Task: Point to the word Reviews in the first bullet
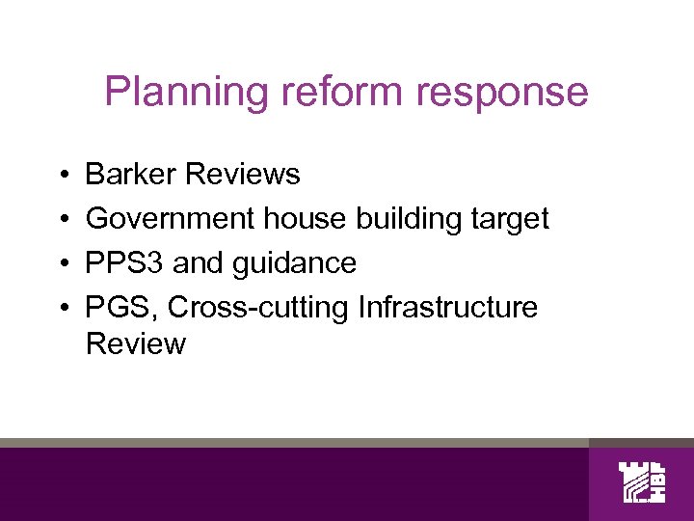click(243, 175)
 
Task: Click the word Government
click(169, 219)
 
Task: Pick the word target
click(512, 220)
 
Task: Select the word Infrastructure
click(447, 308)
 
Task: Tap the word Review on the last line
click(136, 344)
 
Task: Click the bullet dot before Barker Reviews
click(61, 176)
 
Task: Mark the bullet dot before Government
click(61, 220)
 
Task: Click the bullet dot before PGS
click(61, 309)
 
